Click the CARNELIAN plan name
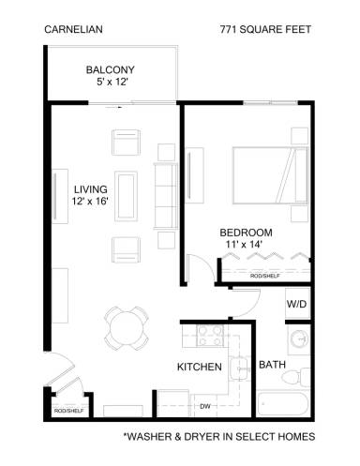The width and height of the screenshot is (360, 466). (x=73, y=29)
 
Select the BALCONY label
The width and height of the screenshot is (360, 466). (x=111, y=69)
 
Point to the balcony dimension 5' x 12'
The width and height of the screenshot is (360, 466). (x=111, y=83)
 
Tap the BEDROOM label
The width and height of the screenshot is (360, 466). (x=246, y=233)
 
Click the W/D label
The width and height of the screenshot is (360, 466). (x=295, y=304)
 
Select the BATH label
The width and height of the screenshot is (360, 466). (x=272, y=365)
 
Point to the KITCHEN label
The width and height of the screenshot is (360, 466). (x=199, y=367)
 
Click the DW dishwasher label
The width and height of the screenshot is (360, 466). (x=204, y=406)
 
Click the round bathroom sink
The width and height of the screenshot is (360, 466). (x=299, y=339)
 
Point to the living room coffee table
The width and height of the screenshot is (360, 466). (x=125, y=195)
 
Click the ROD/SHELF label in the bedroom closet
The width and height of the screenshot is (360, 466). (x=265, y=277)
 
